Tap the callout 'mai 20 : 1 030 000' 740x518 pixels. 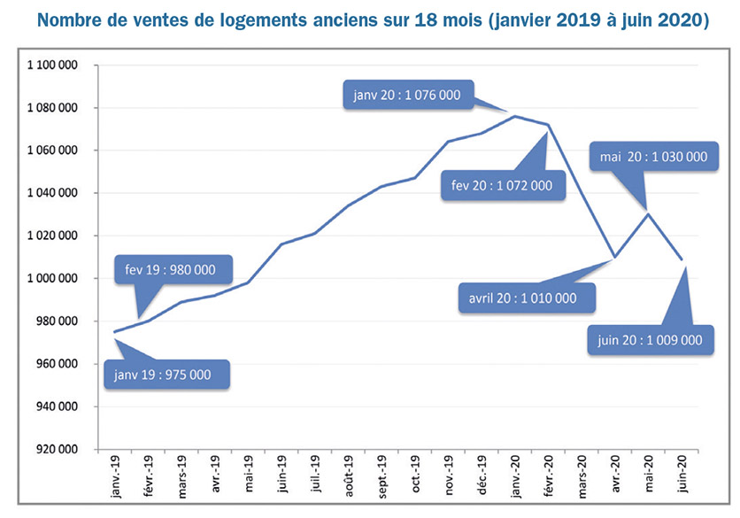coord(652,157)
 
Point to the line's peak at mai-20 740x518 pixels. coord(647,213)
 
